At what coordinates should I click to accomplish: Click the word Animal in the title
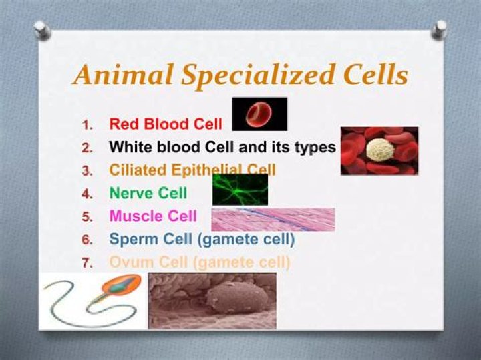click(x=114, y=75)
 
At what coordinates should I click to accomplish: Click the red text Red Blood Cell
click(x=165, y=124)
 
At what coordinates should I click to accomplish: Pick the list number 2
click(x=87, y=147)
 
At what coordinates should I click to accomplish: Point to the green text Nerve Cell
click(x=148, y=194)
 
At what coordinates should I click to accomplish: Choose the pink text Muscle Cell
click(x=152, y=216)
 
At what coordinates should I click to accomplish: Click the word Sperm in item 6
click(x=134, y=239)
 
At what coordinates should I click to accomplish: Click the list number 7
click(x=87, y=263)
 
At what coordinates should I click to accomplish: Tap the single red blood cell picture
click(x=260, y=114)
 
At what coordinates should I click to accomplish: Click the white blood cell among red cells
click(x=382, y=150)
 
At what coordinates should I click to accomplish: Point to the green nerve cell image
click(x=240, y=190)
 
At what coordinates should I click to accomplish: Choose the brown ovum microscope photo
click(x=212, y=300)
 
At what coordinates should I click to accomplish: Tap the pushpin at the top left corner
click(x=41, y=27)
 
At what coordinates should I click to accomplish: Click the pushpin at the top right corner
click(x=440, y=28)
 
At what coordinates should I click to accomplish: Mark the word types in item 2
click(x=314, y=147)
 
